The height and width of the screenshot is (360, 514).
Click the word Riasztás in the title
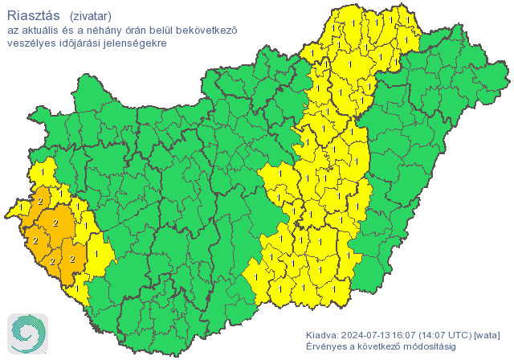[33, 14]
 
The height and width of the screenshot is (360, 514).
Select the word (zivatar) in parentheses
[91, 15]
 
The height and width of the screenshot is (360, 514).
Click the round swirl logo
[27, 332]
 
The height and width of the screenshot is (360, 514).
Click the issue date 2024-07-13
[370, 334]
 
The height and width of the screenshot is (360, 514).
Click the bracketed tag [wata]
[490, 334]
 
